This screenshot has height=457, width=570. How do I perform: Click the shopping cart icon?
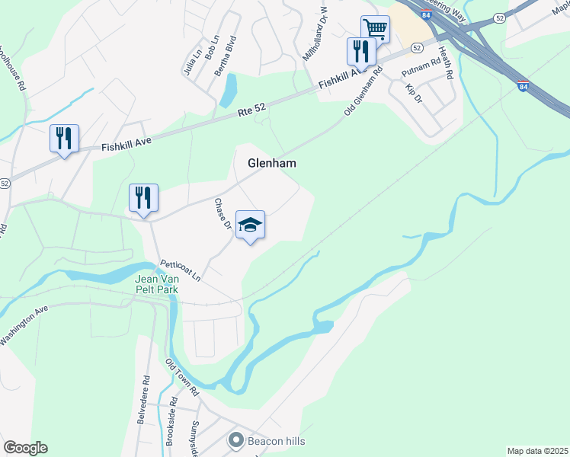[375, 28]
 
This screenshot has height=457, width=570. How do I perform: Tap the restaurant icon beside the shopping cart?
[360, 51]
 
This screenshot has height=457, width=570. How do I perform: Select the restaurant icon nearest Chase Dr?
[143, 197]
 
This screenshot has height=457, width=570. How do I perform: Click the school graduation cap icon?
[250, 225]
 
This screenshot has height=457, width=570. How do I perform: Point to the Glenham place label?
[271, 163]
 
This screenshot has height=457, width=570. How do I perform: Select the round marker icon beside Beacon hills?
[236, 440]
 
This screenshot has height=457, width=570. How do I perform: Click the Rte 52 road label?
[251, 111]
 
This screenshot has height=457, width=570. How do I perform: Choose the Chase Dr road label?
[223, 214]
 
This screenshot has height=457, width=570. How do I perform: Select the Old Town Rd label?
[183, 377]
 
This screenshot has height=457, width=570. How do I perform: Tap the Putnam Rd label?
[421, 66]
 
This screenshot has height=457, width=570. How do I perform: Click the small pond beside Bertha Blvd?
[227, 91]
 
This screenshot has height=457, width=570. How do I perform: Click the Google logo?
[25, 448]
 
